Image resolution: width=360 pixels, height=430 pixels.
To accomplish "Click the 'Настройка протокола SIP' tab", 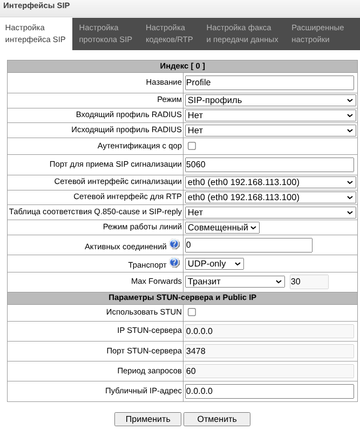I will tap(105, 33).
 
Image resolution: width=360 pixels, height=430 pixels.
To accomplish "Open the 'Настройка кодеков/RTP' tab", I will tap(169, 33).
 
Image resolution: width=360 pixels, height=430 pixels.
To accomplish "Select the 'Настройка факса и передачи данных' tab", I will tap(242, 33).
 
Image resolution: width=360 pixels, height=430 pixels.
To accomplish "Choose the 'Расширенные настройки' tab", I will tap(317, 33).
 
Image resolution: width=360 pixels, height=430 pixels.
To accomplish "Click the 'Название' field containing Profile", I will tap(269, 83).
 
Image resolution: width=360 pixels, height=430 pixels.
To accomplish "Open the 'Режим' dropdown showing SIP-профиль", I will tap(270, 100).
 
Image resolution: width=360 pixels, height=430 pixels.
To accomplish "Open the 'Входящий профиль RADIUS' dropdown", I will tap(270, 115).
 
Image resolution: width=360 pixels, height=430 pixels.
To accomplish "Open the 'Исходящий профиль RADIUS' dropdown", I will tap(270, 130).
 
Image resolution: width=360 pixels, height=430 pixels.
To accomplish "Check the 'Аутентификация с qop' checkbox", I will tap(192, 146).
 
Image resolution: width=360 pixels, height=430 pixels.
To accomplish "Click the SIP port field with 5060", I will tap(269, 165).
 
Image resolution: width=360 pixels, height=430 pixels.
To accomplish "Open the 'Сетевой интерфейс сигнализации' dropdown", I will tap(270, 182).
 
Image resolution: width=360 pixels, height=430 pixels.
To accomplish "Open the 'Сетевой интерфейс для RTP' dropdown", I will tap(270, 197).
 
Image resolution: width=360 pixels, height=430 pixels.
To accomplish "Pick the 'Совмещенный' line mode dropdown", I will tap(222, 228).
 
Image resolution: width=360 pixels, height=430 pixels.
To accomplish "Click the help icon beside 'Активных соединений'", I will tap(174, 245).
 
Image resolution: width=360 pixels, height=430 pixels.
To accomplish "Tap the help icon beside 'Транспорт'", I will tap(174, 263).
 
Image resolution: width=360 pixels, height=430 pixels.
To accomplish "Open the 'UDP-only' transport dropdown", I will tap(214, 264).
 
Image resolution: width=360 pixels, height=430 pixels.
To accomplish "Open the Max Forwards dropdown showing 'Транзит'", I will tap(235, 282).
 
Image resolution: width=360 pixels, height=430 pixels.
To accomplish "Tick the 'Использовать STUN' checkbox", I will tap(192, 312).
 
